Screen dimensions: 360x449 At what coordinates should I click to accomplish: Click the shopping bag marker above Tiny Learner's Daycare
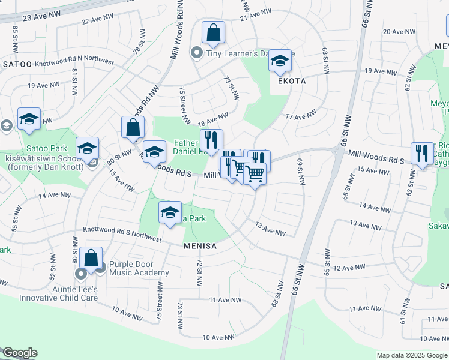tap(213, 34)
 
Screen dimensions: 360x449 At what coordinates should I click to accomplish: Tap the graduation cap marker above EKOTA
tap(279, 61)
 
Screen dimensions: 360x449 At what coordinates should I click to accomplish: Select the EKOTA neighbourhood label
tap(291, 81)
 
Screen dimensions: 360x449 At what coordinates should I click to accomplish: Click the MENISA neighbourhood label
tap(200, 246)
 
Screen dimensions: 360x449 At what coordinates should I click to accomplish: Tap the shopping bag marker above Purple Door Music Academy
tap(91, 259)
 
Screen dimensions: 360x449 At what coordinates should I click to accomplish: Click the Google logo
tap(20, 353)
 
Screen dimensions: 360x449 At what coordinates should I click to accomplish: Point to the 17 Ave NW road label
tap(302, 115)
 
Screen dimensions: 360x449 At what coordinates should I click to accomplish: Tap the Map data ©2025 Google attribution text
tap(411, 355)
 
